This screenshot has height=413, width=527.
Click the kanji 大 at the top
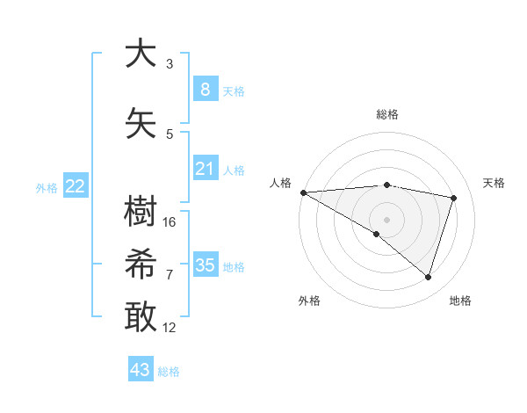pos(141,54)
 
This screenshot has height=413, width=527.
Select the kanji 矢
pos(141,123)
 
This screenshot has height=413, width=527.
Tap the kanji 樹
pos(141,212)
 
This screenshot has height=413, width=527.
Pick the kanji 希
pos(141,264)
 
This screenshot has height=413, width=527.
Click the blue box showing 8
pos(206,89)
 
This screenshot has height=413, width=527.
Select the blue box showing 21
pos(206,169)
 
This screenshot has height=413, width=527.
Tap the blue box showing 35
pos(206,265)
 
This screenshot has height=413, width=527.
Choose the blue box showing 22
pos(76,186)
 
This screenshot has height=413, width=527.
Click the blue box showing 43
pos(141,370)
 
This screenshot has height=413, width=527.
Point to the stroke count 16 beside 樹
pos(170,221)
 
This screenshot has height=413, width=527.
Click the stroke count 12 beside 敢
pos(170,327)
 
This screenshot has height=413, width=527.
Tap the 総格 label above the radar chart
pos(387,114)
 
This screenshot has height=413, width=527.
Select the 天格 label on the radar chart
pos(494,183)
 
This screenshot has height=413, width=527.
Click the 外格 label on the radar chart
pos(309,301)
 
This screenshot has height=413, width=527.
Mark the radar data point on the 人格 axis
pos(303,192)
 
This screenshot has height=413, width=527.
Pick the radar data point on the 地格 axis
pos(428,277)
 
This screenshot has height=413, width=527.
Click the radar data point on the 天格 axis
pos(454,198)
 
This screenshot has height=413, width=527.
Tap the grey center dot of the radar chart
pos(386,219)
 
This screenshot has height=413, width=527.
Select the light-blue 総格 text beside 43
pos(169,372)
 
